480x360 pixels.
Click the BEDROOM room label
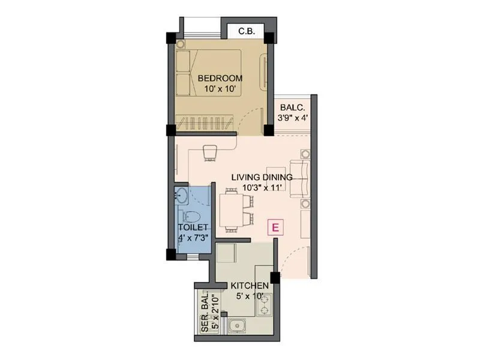(220, 78)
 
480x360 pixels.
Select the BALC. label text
(293, 107)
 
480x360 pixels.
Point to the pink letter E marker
(275, 227)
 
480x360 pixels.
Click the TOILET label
(193, 227)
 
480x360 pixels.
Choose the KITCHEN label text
(251, 286)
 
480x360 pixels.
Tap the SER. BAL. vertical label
(205, 312)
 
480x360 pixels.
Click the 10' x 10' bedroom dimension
(220, 89)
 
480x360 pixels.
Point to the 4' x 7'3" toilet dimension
(193, 238)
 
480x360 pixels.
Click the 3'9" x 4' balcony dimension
(293, 118)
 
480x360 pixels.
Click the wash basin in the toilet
(181, 194)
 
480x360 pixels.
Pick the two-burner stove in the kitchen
(265, 304)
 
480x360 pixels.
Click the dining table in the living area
(230, 210)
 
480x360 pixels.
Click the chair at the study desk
(209, 154)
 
